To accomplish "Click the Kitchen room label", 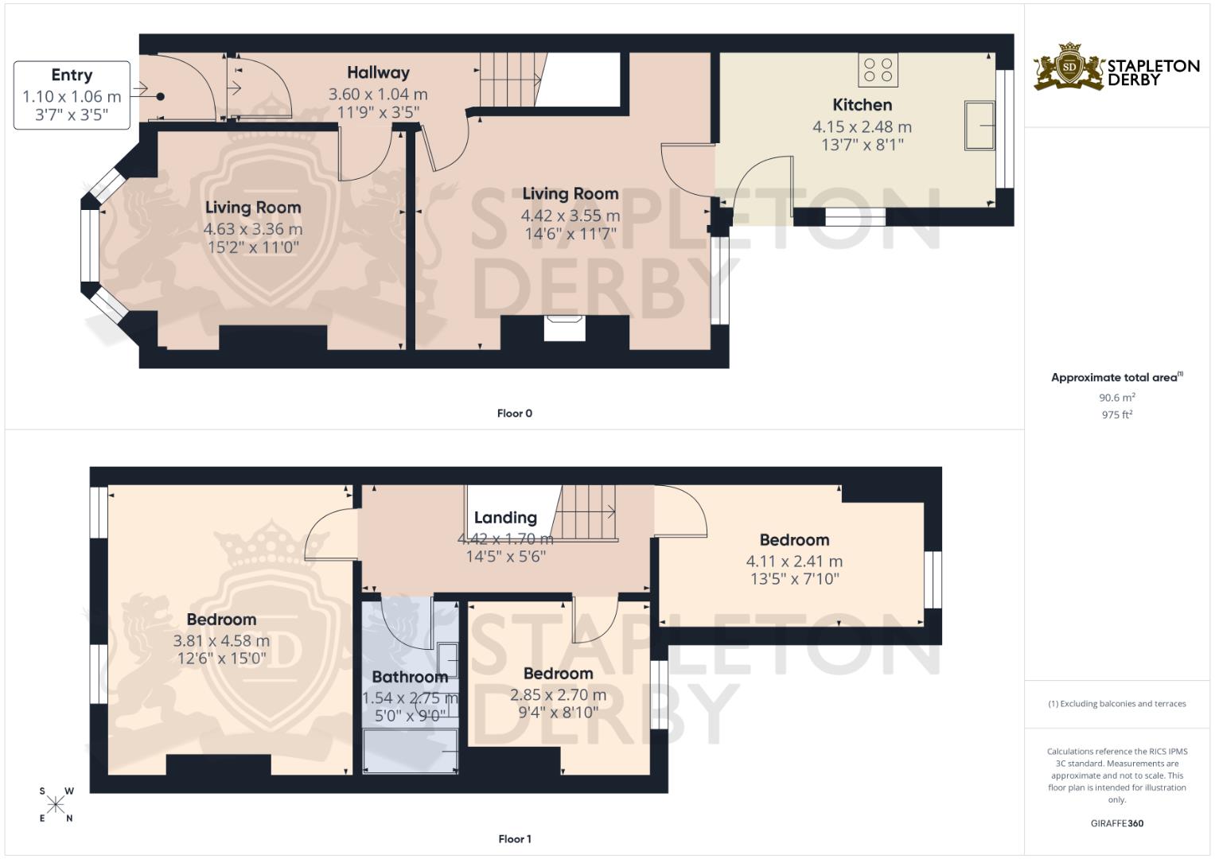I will (x=862, y=105).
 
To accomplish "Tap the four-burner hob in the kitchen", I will (x=878, y=70).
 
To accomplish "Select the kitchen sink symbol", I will (x=979, y=125).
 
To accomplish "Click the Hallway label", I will (x=378, y=73).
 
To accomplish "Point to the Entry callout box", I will (x=72, y=95).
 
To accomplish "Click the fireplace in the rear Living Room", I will (x=564, y=328).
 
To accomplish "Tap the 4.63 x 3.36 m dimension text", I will (x=253, y=229).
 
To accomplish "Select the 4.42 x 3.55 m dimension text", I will (x=570, y=216).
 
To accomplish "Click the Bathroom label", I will (x=410, y=678).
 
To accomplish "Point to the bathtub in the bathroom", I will (x=411, y=752).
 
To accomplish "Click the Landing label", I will (x=505, y=518).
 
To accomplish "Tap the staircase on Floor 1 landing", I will (x=586, y=512).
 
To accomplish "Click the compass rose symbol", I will (x=56, y=805).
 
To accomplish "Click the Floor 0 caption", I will (x=514, y=414).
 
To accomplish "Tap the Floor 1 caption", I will (x=514, y=839).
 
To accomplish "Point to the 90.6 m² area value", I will (x=1116, y=398).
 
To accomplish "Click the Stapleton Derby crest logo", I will (x=1069, y=67).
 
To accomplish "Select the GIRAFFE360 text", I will (x=1116, y=823).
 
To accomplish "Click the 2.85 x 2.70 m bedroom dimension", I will (x=558, y=695).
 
